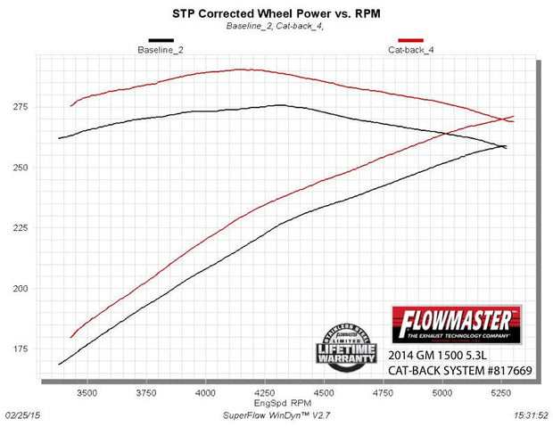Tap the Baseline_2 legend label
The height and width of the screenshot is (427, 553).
pos(161,49)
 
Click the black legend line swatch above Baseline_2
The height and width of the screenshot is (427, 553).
pos(161,40)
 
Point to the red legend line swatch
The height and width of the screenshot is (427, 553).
pos(410,40)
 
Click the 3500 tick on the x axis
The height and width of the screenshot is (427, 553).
pos(87,391)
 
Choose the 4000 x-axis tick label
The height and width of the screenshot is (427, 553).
pos(206,391)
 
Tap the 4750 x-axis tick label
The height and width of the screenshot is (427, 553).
pos(384,391)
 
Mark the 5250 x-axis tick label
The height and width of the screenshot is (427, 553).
pos(501,391)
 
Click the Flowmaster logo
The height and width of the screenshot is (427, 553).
pos(457,322)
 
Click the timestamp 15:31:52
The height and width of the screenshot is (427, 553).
pos(532,415)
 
